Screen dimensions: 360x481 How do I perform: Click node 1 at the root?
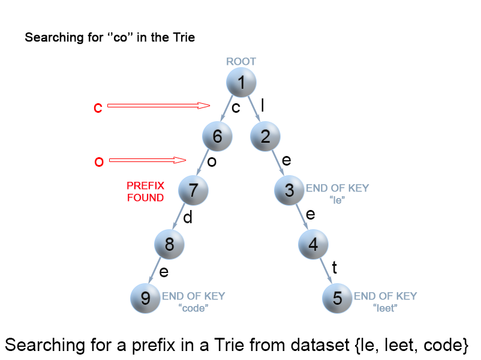[x=242, y=83]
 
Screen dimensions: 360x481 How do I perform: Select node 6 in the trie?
[x=218, y=136]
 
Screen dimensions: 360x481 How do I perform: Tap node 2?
[x=266, y=136]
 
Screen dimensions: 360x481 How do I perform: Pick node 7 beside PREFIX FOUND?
[x=194, y=191]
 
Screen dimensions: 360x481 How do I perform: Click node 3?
[x=290, y=191]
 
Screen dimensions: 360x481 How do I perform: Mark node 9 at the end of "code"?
[x=146, y=298]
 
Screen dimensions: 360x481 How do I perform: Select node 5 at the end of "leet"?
[x=338, y=298]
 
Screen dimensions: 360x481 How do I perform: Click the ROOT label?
[x=241, y=61]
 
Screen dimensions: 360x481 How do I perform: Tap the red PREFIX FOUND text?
[x=145, y=191]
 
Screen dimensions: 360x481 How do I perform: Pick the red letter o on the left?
[x=99, y=161]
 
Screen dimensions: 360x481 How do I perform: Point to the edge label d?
[x=188, y=218]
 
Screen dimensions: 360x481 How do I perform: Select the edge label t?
[x=335, y=268]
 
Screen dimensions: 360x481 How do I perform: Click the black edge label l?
[x=262, y=105]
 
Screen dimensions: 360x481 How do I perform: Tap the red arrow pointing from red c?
[x=158, y=106]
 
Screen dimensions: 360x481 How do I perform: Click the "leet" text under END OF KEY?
[x=385, y=308]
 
